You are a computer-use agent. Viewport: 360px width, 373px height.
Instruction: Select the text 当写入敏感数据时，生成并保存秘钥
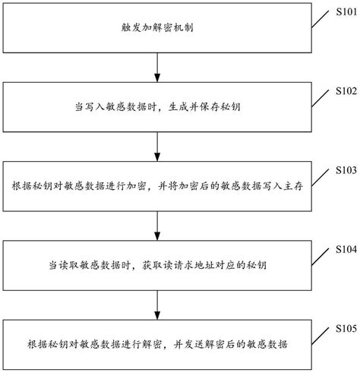coord(156,107)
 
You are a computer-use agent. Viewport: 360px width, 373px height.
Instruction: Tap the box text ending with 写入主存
coord(157,186)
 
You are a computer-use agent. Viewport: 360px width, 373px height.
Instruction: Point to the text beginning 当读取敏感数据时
coord(156,265)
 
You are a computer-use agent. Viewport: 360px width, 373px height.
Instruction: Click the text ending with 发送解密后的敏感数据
coord(157,344)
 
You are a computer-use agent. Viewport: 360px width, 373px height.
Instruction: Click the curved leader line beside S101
coord(318,19)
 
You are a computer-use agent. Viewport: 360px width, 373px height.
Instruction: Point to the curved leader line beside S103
coord(318,175)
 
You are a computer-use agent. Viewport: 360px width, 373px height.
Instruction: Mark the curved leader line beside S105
coord(318,334)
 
